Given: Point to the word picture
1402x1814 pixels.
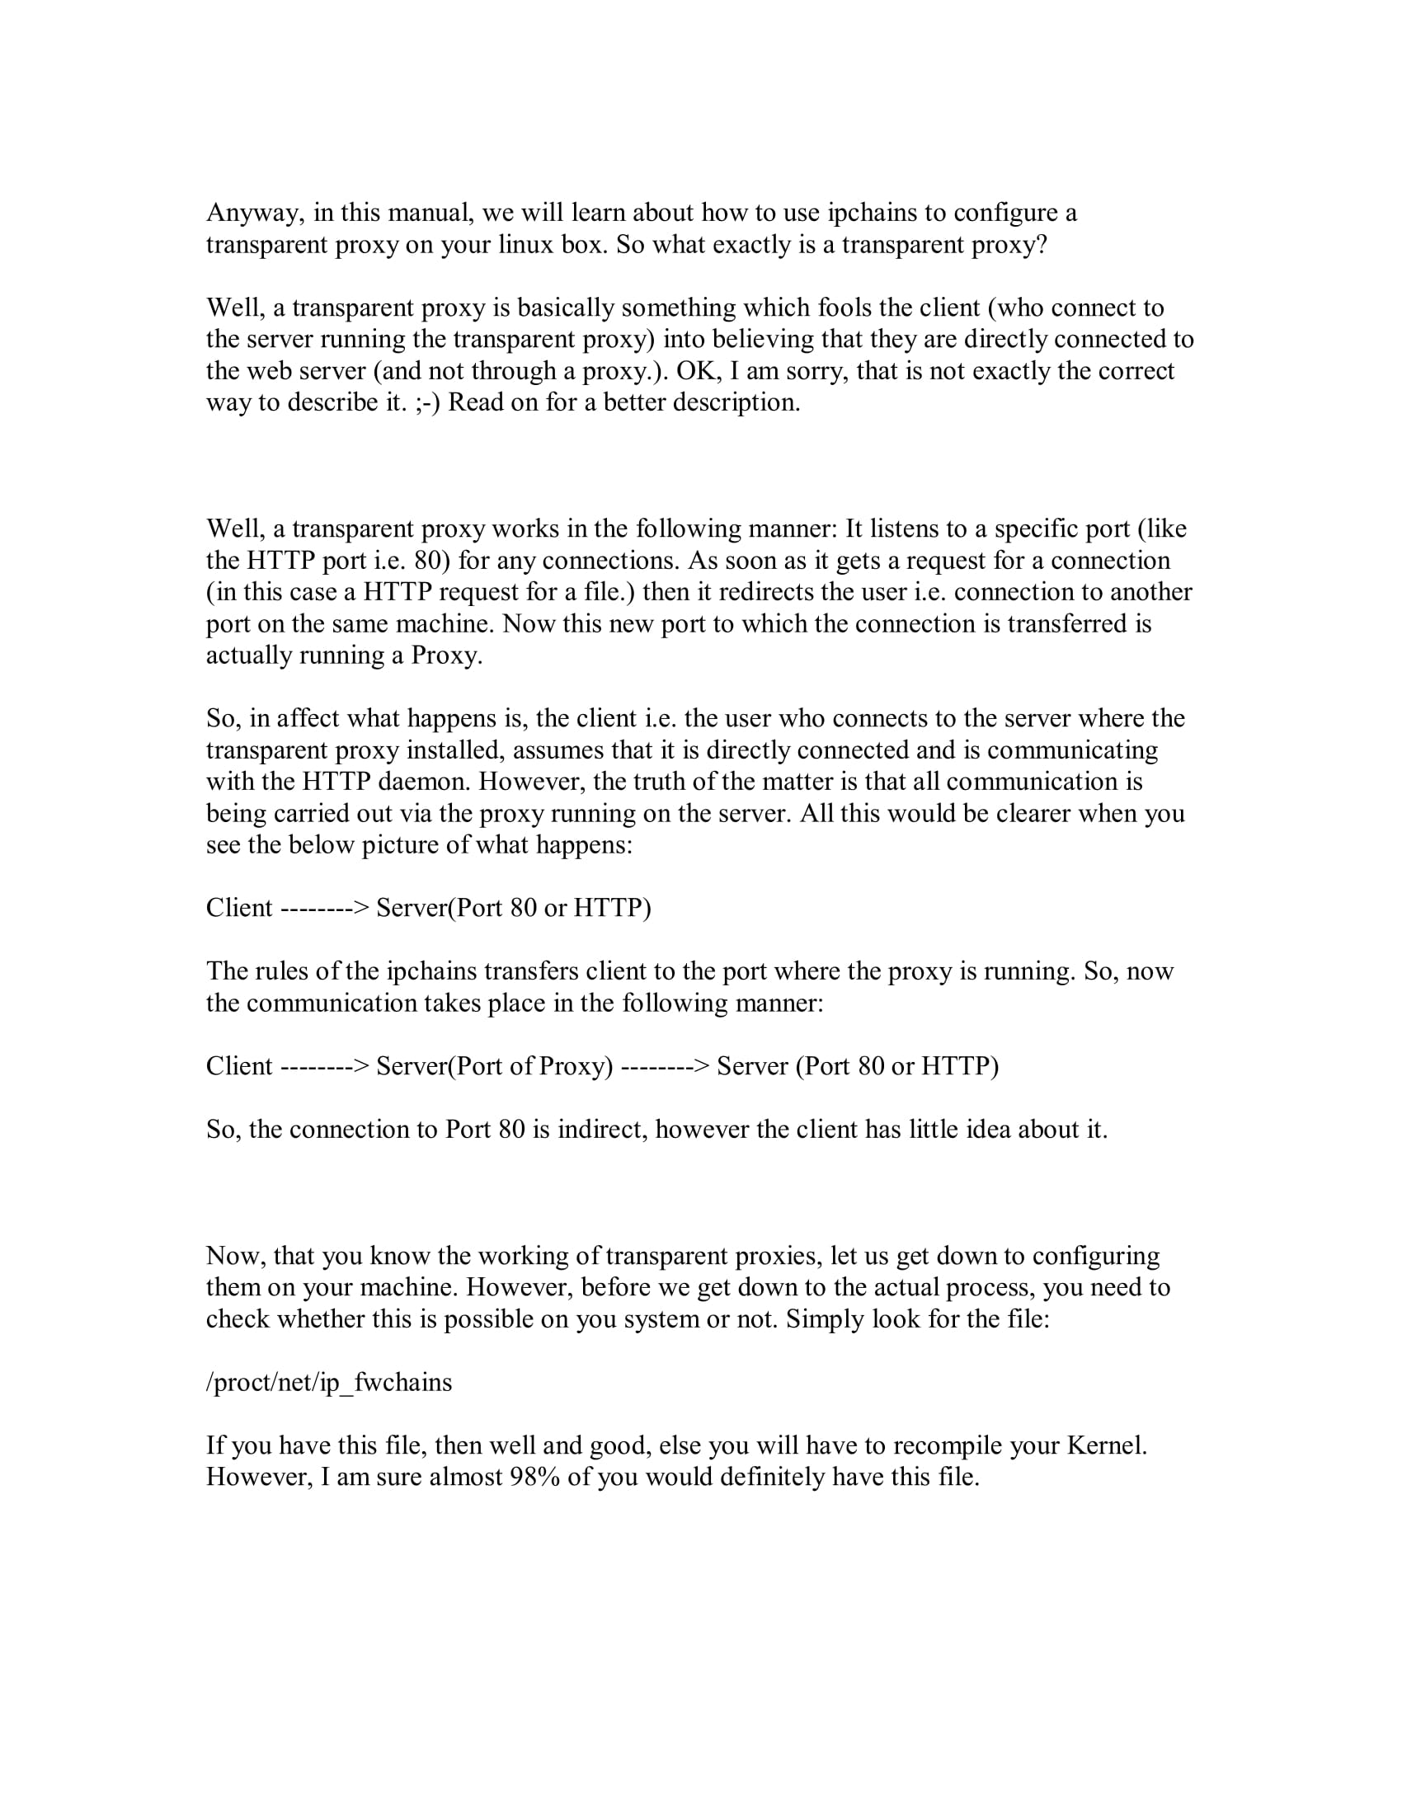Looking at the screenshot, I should pyautogui.click(x=401, y=845).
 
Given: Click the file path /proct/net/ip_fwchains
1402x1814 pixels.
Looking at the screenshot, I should pyautogui.click(x=329, y=1383).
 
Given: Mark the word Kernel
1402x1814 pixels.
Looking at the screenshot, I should pyautogui.click(x=1105, y=1446).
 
